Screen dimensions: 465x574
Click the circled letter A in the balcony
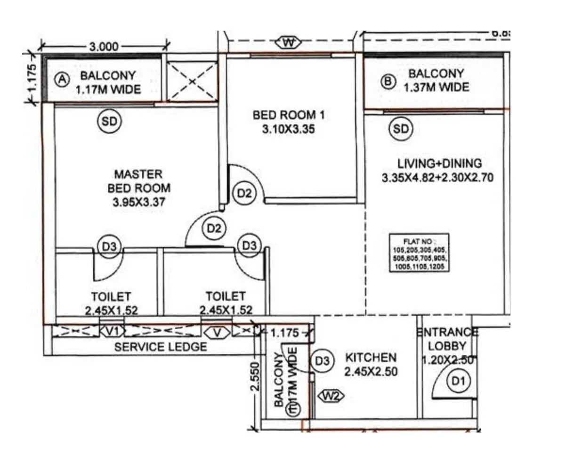(61, 80)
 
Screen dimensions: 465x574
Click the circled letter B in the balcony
(388, 82)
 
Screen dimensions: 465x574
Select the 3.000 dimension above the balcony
(103, 47)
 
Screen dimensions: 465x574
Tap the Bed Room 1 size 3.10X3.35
(288, 129)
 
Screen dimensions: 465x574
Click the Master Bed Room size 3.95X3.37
(138, 203)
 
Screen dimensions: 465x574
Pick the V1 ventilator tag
(112, 332)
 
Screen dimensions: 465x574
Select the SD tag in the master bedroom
(109, 122)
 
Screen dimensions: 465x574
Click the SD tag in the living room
(401, 129)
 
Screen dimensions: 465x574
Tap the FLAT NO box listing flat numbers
(419, 253)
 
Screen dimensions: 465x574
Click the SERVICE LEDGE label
(161, 347)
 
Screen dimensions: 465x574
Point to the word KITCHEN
(371, 357)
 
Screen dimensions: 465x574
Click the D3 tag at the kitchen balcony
(323, 361)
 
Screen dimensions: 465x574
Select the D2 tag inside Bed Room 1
(245, 193)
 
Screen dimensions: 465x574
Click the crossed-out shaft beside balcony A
(192, 81)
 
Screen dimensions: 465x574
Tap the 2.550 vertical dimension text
(255, 376)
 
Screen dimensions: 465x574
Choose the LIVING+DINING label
(439, 163)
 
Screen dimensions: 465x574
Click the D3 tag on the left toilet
(109, 246)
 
